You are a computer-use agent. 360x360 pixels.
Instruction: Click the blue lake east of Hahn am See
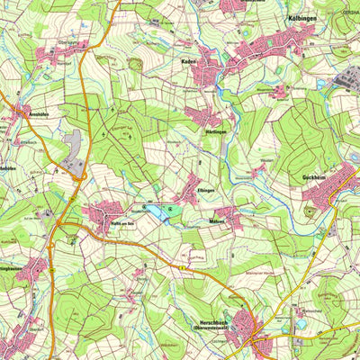coord(159,212)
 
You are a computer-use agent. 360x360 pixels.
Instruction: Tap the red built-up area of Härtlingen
coord(202,116)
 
